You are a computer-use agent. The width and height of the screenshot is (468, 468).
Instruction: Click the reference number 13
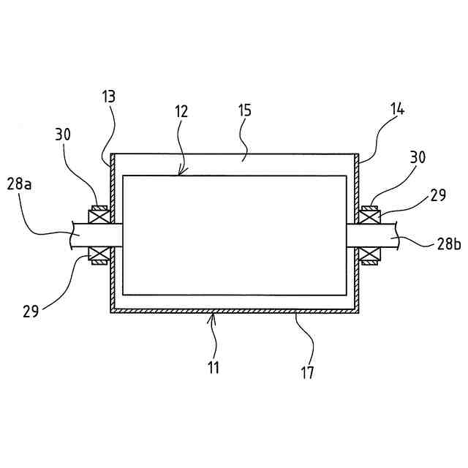pos(109,97)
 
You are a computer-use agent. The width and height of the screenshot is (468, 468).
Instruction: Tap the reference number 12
pos(181,112)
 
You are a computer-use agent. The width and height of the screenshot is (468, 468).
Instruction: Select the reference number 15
pos(244,110)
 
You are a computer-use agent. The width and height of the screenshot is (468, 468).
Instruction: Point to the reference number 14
pos(398,109)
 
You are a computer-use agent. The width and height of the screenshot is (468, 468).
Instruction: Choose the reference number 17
pos(307,372)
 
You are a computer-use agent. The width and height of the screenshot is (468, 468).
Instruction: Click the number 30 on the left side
pos(63,135)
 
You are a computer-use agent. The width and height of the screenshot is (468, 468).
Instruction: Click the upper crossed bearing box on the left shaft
pos(97,217)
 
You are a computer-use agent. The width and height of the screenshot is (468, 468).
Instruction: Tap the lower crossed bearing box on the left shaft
pos(97,253)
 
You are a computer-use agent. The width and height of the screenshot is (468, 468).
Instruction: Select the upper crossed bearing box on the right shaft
pos(370,217)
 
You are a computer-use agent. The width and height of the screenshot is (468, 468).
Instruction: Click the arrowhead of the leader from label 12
pos(180,174)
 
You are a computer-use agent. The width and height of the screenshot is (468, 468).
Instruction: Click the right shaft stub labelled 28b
pos(373,235)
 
